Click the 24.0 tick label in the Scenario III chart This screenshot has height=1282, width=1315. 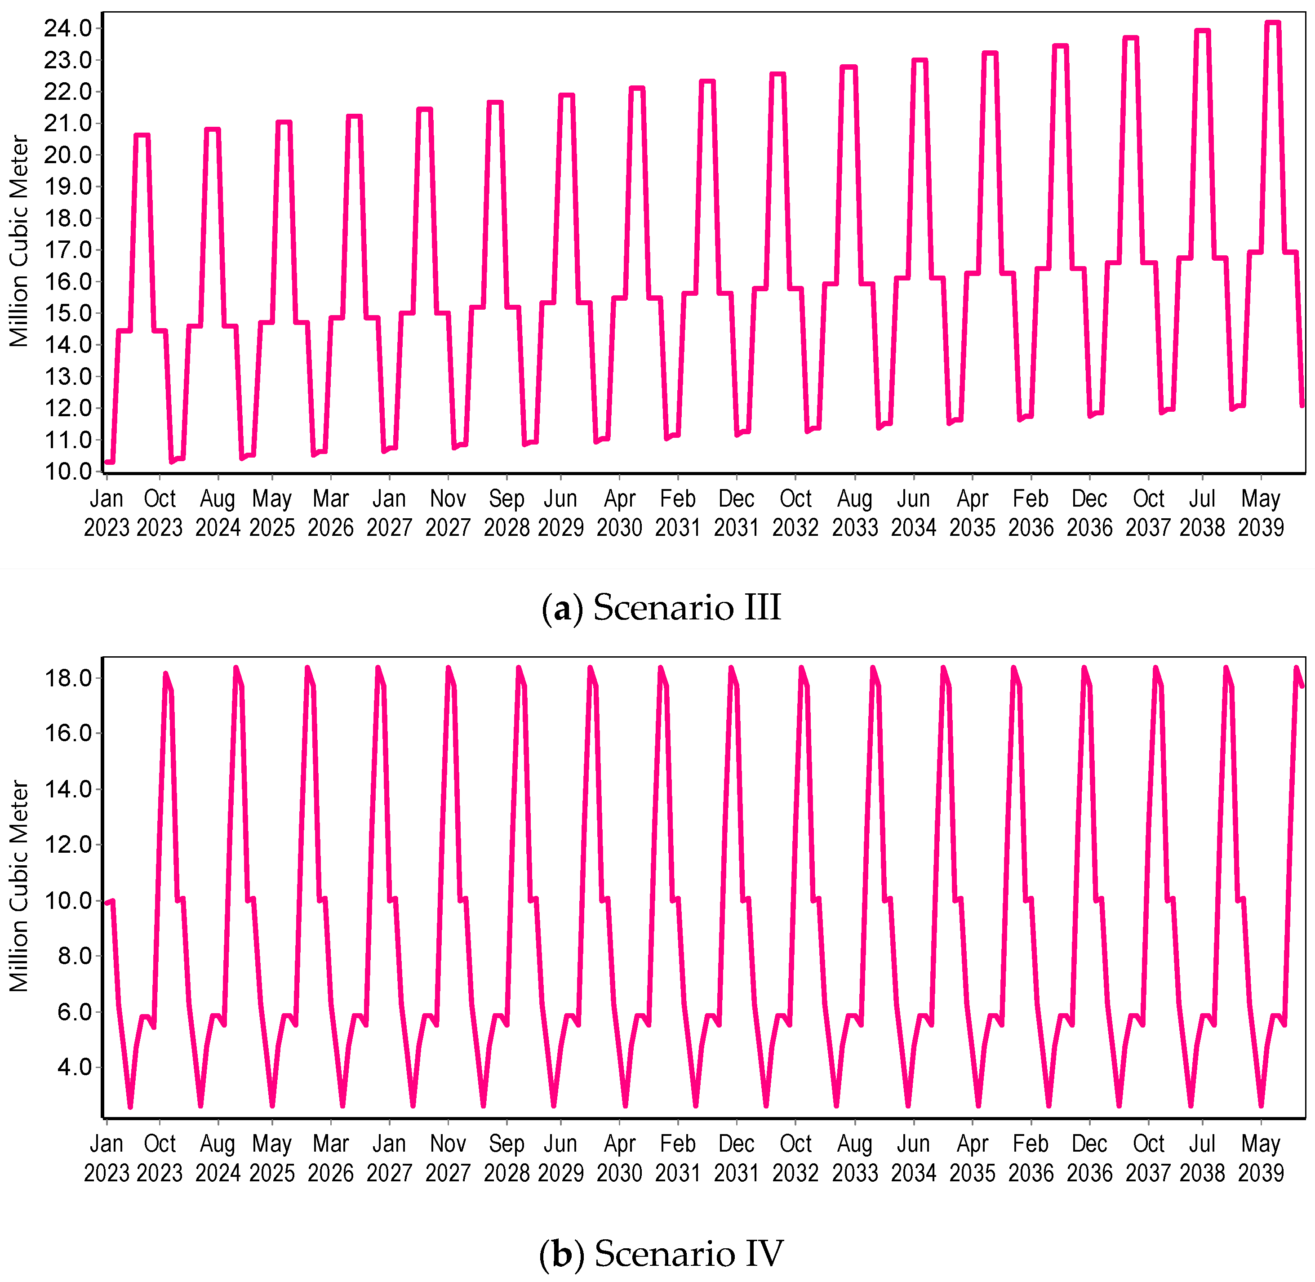tap(68, 28)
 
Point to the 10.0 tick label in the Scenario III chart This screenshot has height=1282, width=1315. tap(68, 472)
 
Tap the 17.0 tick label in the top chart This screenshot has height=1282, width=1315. tap(68, 250)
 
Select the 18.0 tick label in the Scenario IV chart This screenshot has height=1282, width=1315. tap(68, 678)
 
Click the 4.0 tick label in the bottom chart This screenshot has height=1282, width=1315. tap(74, 1067)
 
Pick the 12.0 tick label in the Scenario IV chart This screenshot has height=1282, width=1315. tap(68, 844)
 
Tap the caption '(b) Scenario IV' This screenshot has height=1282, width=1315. tap(661, 1254)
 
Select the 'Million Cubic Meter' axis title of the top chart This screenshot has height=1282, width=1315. tap(19, 241)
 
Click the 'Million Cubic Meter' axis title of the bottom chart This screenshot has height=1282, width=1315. tap(19, 886)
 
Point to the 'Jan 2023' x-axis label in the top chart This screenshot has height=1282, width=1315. tap(107, 513)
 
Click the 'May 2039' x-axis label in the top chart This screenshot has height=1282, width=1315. tap(1261, 513)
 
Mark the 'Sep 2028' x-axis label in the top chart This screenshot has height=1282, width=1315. tap(506, 513)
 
